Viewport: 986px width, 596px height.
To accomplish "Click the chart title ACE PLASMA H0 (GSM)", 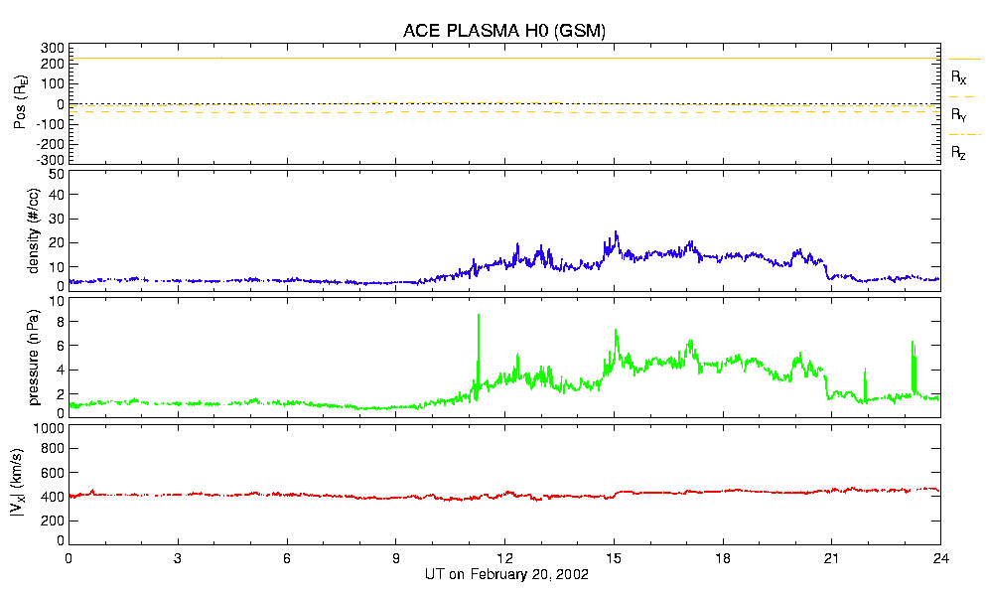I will [504, 31].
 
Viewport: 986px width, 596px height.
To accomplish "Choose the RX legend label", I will [959, 76].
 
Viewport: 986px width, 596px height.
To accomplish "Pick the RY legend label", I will [959, 115].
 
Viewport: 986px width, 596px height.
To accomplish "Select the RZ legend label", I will [959, 153].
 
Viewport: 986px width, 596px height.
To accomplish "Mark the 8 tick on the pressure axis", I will [60, 321].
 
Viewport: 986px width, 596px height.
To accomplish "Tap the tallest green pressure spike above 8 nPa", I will [479, 316].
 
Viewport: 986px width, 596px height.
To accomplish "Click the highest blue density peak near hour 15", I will [617, 232].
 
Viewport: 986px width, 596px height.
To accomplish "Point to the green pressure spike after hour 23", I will [914, 344].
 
